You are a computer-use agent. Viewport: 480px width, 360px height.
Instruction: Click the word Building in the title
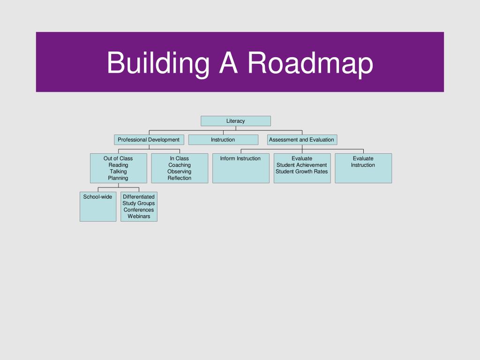click(158, 64)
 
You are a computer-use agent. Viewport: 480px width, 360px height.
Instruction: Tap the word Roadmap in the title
click(310, 63)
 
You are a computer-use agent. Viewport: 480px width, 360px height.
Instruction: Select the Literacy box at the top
click(236, 121)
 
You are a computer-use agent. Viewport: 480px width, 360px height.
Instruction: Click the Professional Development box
click(149, 140)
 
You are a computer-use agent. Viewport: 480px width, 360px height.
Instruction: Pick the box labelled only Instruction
click(223, 140)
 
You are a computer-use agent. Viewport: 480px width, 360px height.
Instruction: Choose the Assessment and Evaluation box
click(302, 140)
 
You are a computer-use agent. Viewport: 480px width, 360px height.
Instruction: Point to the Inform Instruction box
click(241, 168)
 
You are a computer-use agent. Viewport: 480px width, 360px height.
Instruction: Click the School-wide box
click(98, 207)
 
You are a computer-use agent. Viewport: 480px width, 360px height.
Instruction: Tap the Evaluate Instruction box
click(363, 168)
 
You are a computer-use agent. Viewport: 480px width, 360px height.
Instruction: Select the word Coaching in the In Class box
click(180, 165)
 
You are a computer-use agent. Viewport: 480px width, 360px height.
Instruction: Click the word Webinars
click(139, 216)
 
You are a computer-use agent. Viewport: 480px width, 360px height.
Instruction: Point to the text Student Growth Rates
click(301, 172)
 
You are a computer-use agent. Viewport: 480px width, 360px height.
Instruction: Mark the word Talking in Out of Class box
click(118, 172)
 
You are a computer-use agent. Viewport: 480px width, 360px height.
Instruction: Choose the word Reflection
click(180, 178)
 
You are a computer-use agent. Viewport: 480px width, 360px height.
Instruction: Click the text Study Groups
click(139, 203)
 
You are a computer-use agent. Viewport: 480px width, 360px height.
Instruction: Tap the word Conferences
click(139, 210)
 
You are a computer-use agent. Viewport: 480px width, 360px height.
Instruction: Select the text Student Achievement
click(301, 165)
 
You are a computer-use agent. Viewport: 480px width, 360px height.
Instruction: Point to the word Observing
click(180, 172)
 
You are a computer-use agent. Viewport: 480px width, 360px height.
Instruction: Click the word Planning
click(118, 178)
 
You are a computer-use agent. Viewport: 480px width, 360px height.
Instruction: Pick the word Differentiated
click(139, 196)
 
